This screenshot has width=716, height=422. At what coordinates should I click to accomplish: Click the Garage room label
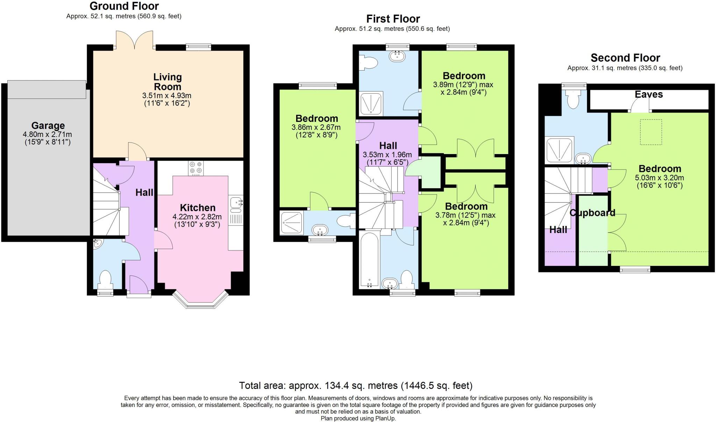pyautogui.click(x=48, y=125)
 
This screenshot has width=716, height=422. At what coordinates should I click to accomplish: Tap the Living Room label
pyautogui.click(x=167, y=82)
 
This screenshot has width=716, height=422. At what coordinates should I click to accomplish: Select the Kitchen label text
pyautogui.click(x=198, y=208)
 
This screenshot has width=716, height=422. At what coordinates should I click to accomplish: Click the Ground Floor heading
pyautogui.click(x=124, y=6)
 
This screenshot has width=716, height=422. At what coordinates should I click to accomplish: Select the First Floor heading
pyautogui.click(x=393, y=19)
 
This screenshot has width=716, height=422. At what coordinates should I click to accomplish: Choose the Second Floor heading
pyautogui.click(x=625, y=58)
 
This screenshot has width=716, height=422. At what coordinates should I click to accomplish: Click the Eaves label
pyautogui.click(x=649, y=94)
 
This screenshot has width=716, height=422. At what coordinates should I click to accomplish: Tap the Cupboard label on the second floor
pyautogui.click(x=592, y=213)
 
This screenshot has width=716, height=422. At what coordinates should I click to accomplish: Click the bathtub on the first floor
pyautogui.click(x=369, y=259)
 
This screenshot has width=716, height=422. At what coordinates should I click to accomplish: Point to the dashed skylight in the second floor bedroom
pyautogui.click(x=651, y=132)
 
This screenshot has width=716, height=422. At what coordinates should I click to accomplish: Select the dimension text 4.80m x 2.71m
pyautogui.click(x=48, y=134)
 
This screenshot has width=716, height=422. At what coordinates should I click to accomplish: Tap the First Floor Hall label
pyautogui.click(x=388, y=146)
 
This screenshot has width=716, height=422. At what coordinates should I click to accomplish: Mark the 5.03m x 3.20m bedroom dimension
pyautogui.click(x=659, y=177)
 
